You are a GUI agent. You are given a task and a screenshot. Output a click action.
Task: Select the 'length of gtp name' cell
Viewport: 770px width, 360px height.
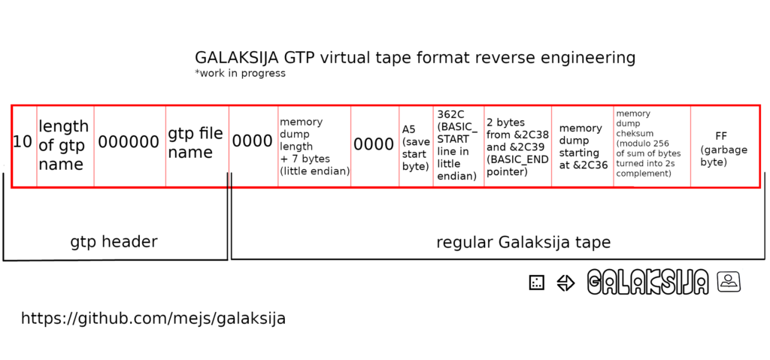tap(65, 146)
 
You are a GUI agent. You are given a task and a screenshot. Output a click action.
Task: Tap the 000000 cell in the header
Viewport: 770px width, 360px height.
tap(129, 146)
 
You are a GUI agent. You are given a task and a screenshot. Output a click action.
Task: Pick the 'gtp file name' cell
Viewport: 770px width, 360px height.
tap(197, 146)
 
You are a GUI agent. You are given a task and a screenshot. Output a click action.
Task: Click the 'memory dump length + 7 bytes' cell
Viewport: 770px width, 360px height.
tap(314, 146)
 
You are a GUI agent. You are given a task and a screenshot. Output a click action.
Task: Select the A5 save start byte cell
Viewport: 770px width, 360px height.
tap(416, 146)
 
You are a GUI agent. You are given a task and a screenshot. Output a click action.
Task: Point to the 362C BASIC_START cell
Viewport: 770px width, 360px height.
tap(459, 146)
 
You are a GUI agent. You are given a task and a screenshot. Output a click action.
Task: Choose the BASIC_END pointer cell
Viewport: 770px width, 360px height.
tap(517, 146)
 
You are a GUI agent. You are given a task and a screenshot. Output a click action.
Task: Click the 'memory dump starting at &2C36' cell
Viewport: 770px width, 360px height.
tap(583, 146)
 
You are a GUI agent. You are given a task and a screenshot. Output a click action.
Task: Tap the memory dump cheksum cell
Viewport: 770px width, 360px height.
tap(652, 146)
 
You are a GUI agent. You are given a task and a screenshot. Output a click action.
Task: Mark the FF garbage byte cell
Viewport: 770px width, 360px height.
tap(724, 146)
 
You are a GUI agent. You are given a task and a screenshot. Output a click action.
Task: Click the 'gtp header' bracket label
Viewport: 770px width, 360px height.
tap(114, 242)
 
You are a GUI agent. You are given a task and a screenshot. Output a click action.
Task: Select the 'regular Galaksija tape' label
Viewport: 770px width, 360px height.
tap(523, 242)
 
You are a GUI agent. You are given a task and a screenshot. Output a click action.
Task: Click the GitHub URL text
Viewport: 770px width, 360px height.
tap(153, 319)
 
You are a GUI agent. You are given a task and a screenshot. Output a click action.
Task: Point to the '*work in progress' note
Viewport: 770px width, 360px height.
tap(240, 74)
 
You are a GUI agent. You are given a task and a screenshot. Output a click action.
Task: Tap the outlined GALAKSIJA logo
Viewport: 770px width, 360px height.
tap(648, 283)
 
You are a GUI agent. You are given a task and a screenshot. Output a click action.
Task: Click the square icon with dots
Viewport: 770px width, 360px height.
tap(537, 283)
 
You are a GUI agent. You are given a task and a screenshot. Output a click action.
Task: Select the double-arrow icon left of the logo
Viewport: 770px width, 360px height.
tap(565, 283)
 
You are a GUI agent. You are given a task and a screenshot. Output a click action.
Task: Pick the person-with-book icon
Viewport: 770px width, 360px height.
tap(729, 281)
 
